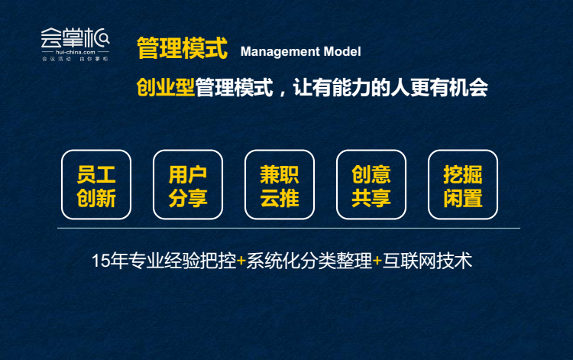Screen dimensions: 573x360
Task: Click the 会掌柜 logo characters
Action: (x=75, y=37)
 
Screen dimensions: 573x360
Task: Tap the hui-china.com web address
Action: (x=76, y=52)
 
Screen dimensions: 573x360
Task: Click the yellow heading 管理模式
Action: (x=182, y=48)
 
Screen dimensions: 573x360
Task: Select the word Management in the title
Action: (x=280, y=51)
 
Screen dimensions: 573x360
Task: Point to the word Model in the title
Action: (x=342, y=51)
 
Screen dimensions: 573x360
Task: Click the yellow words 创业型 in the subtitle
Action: (x=166, y=88)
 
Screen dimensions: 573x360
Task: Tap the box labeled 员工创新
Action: (x=96, y=184)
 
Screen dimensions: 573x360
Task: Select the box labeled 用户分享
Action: (x=188, y=184)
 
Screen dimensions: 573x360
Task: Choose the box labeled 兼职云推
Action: (x=280, y=184)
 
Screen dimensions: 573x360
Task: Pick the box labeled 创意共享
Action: (x=371, y=184)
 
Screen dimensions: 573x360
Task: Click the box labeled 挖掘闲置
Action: (x=463, y=184)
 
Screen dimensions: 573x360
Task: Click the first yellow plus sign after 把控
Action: (x=241, y=261)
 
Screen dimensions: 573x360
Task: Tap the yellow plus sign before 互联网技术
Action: (x=377, y=261)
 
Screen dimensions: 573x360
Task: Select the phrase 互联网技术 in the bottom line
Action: (x=427, y=261)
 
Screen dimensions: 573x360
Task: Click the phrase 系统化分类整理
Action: (x=309, y=261)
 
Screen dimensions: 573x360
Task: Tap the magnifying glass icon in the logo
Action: (x=104, y=38)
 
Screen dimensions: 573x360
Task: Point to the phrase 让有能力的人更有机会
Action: (x=390, y=88)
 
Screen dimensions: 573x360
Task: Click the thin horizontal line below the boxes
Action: (x=289, y=228)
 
